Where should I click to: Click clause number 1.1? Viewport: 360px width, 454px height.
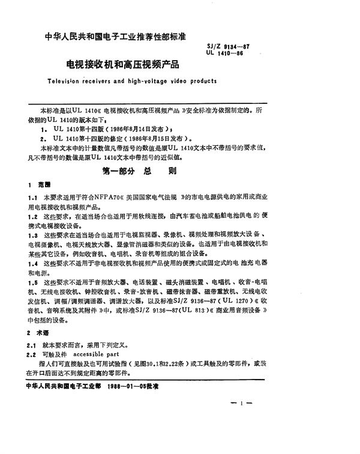point(41,197)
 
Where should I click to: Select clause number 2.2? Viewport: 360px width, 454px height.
point(41,354)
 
